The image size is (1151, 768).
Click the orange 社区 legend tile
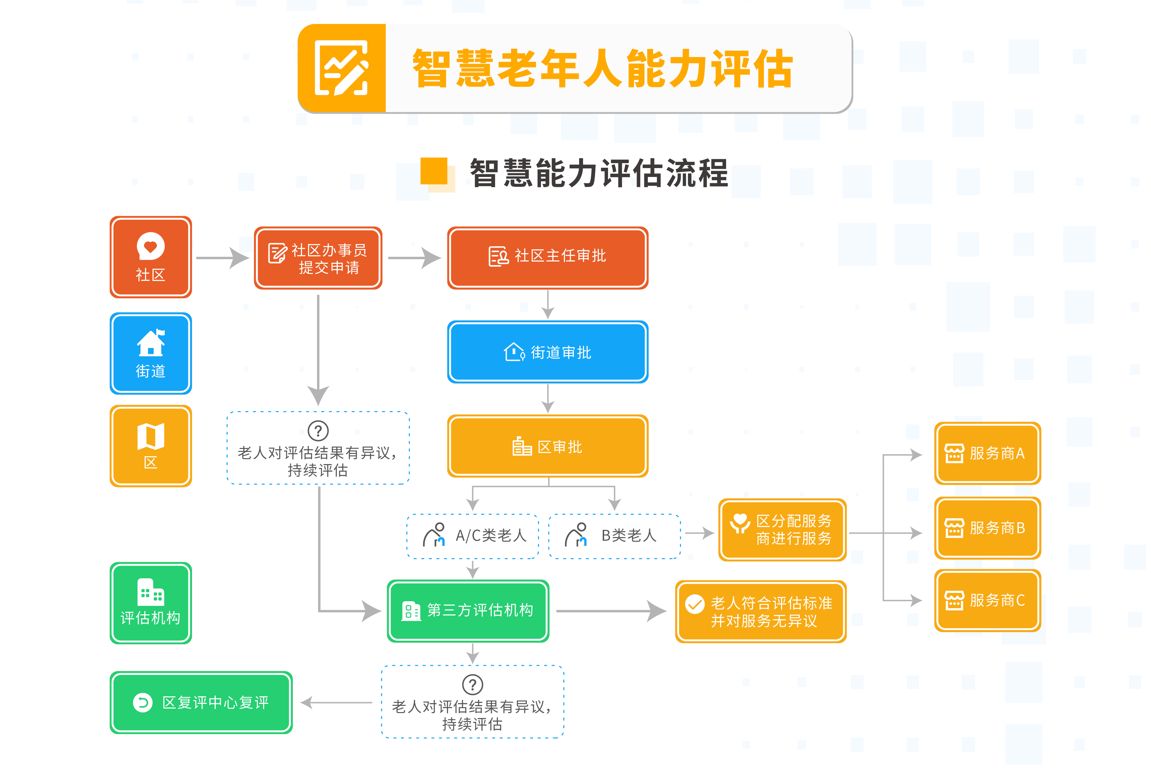151,258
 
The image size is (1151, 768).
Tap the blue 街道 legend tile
151,354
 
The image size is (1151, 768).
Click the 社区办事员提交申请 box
318,258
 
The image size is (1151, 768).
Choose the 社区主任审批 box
548,258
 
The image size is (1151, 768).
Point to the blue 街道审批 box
548,352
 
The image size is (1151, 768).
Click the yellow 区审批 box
548,446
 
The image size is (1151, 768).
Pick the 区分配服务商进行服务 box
782,530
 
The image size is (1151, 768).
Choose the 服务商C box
988,601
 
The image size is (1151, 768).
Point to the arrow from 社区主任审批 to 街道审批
548,305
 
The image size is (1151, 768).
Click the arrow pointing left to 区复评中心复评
336,703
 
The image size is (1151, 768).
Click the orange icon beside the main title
342,68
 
